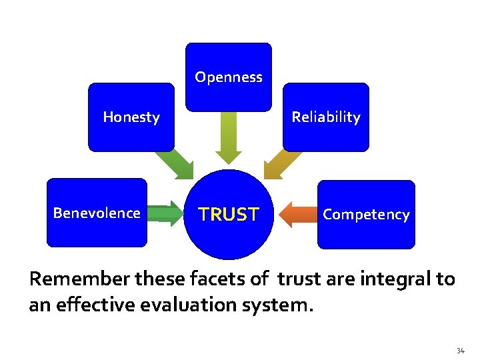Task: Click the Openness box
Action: pos(229,77)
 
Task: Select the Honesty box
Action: pos(131,117)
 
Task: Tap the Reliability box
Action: pos(325,117)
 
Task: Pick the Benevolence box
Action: pos(97,213)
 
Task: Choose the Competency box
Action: pos(365,215)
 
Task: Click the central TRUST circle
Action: pos(229,215)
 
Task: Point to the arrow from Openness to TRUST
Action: pos(229,137)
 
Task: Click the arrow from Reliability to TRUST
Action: pos(282,163)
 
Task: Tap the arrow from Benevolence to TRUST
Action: pos(165,214)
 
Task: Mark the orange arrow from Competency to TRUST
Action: pos(296,215)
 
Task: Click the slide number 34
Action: pos(460,351)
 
